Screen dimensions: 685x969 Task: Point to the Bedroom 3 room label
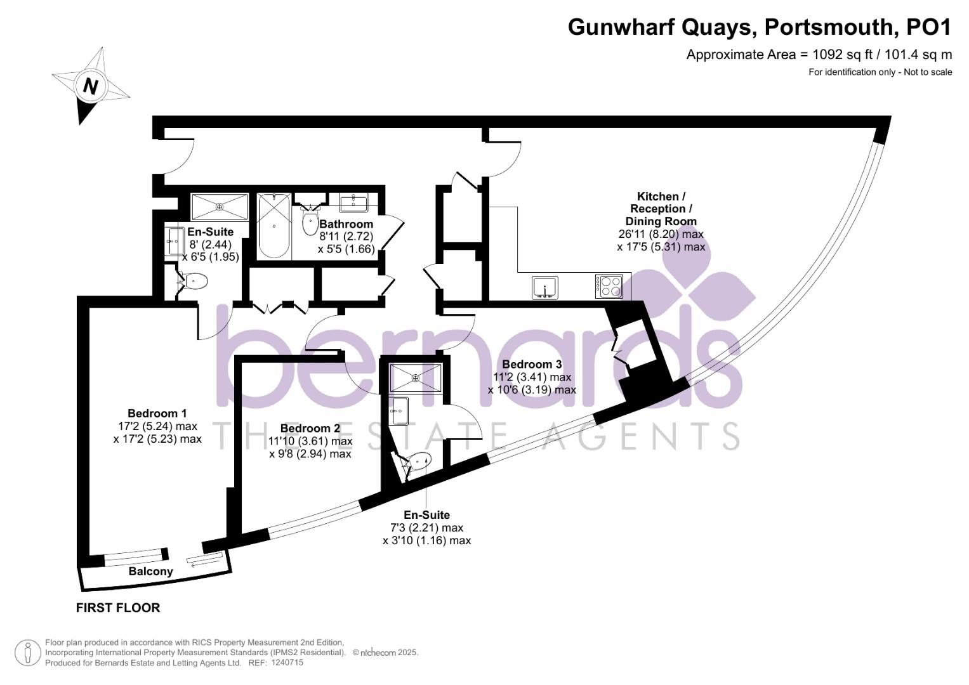(x=532, y=365)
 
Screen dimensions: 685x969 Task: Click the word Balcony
(x=150, y=571)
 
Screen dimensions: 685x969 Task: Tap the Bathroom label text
(x=346, y=224)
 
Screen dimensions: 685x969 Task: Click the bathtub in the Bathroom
(x=274, y=225)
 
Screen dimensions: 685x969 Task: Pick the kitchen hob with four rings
(x=608, y=286)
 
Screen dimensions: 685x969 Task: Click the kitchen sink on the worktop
(x=544, y=287)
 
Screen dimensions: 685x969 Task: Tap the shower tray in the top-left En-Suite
(x=220, y=207)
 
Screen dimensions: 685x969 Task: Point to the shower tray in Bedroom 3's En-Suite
(x=416, y=378)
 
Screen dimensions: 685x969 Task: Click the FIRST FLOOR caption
(x=118, y=608)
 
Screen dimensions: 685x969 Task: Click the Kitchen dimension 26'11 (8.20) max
(x=661, y=234)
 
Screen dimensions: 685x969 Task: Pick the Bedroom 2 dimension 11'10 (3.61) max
(x=310, y=441)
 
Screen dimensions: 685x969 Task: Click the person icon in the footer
(x=28, y=653)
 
